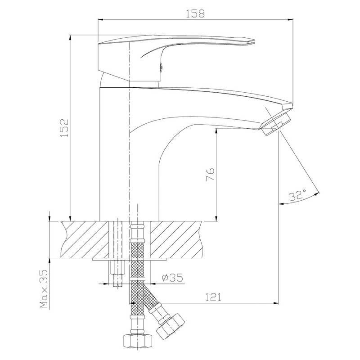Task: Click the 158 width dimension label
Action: pyautogui.click(x=195, y=13)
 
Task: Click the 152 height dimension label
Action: pyautogui.click(x=64, y=128)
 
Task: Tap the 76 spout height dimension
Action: pyautogui.click(x=210, y=174)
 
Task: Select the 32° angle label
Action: pyautogui.click(x=297, y=195)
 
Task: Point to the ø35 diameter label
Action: pyautogui.click(x=172, y=278)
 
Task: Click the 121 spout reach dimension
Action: pyautogui.click(x=213, y=297)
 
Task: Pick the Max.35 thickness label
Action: pyautogui.click(x=44, y=288)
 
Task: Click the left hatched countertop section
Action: pyautogui.click(x=85, y=239)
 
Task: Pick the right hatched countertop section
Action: pyautogui.click(x=176, y=239)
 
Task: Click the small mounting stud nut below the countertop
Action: pyautogui.click(x=118, y=267)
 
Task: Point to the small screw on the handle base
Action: pyautogui.click(x=161, y=67)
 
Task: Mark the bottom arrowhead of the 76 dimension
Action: pyautogui.click(x=216, y=218)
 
